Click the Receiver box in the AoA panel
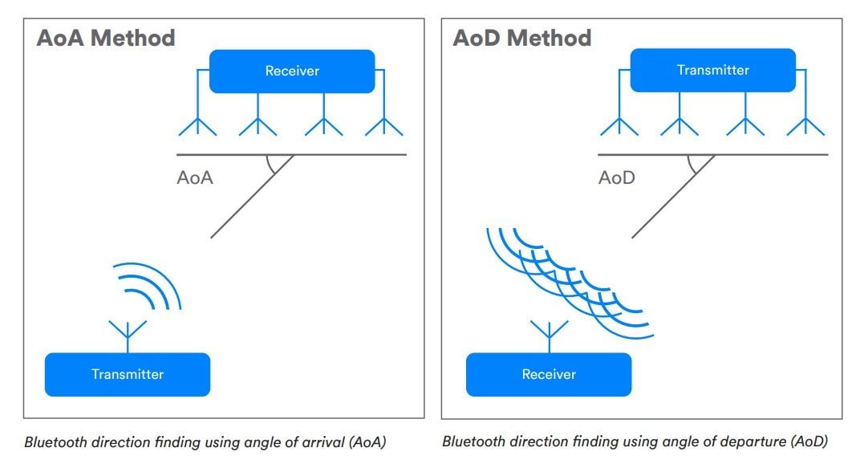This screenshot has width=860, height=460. click(292, 71)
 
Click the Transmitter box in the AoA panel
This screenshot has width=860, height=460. click(128, 374)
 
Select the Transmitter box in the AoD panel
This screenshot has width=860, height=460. click(713, 71)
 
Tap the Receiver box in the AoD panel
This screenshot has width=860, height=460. click(549, 374)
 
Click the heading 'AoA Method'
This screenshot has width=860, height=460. click(106, 38)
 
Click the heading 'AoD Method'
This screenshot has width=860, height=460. click(522, 38)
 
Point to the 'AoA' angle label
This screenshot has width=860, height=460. click(195, 178)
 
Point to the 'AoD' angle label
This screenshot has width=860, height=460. click(616, 178)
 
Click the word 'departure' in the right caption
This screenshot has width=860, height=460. click(752, 442)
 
